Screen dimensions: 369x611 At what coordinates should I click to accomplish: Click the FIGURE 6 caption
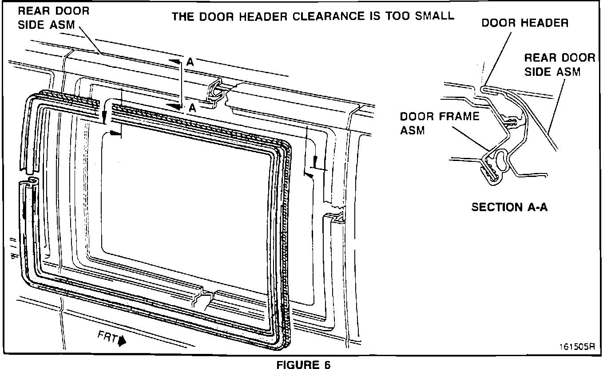pyautogui.click(x=304, y=365)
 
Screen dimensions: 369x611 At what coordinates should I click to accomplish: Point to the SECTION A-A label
pyautogui.click(x=509, y=207)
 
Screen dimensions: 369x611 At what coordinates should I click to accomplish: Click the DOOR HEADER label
pyautogui.click(x=525, y=23)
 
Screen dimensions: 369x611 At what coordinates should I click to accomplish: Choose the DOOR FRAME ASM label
pyautogui.click(x=439, y=123)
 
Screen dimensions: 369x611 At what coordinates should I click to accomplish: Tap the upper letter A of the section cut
pyautogui.click(x=190, y=63)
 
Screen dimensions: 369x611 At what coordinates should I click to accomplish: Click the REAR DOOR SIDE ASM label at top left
pyautogui.click(x=53, y=17)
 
